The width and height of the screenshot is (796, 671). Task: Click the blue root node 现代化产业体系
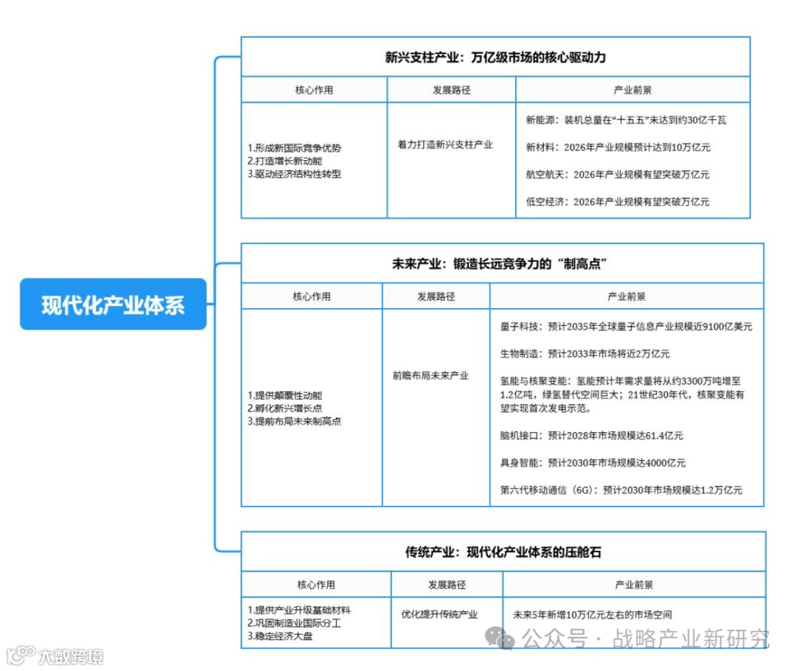point(113,304)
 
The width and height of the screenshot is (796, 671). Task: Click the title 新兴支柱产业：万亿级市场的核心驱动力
point(495,58)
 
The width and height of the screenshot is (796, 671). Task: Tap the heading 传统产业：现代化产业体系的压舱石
point(503,551)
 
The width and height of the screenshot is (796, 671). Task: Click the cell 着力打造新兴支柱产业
point(444,145)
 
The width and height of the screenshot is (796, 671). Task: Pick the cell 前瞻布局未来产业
point(430,375)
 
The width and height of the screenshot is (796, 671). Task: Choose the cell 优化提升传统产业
point(439,613)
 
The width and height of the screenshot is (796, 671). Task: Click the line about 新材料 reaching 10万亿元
point(618,147)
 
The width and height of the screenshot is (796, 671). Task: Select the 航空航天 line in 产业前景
point(618,175)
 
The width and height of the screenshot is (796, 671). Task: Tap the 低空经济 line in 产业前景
point(618,201)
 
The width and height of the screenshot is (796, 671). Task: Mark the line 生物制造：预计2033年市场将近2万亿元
point(584,354)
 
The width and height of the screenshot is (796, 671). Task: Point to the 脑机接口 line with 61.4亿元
point(591,436)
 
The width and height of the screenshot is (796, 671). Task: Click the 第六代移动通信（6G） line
point(621,490)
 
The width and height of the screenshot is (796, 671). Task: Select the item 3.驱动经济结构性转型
point(294,175)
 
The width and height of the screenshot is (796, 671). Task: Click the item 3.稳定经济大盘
point(280,636)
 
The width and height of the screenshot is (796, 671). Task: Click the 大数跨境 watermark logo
point(55,656)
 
